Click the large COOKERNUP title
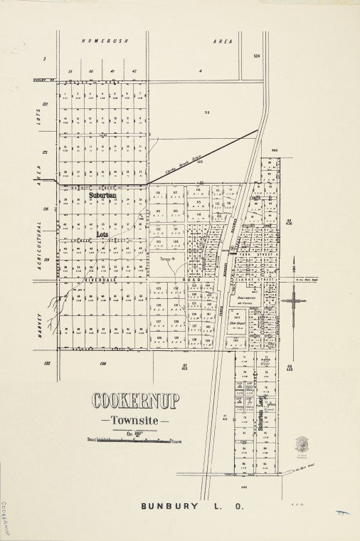point(135,401)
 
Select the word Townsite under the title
point(134,419)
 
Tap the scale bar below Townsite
point(134,441)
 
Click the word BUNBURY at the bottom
point(170,507)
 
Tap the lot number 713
point(207,112)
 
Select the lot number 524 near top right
point(257,55)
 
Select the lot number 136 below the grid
point(102,363)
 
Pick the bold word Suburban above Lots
point(104,194)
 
